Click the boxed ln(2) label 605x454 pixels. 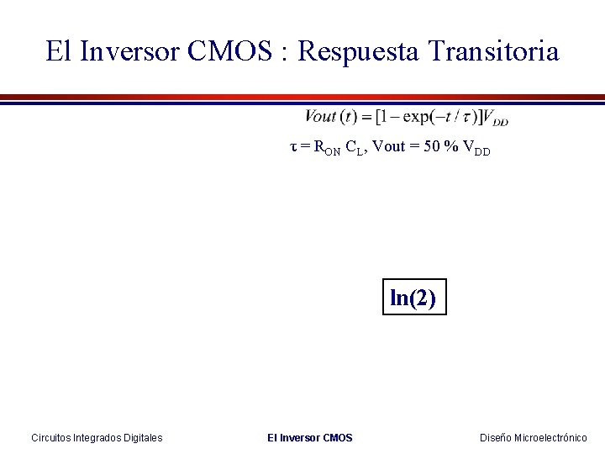(x=414, y=297)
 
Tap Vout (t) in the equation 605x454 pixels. (x=333, y=116)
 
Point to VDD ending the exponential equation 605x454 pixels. (x=497, y=118)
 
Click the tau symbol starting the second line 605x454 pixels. (x=293, y=147)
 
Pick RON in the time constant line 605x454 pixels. (x=326, y=149)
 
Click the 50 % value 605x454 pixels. (x=434, y=147)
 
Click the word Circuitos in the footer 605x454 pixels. (x=52, y=437)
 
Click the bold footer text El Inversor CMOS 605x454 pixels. (x=310, y=437)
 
